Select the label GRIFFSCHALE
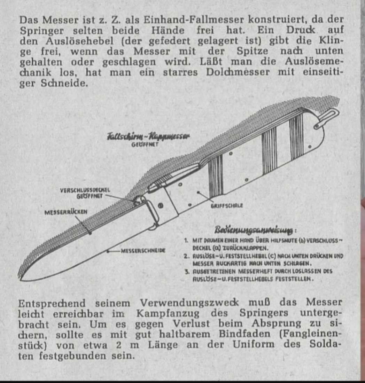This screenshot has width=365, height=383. [x=227, y=205]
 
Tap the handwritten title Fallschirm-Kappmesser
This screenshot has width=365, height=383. [x=148, y=136]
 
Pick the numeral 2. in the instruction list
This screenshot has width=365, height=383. [x=187, y=256]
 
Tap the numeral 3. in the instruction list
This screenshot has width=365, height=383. [x=187, y=271]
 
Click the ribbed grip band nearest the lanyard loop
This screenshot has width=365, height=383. [x=296, y=131]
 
